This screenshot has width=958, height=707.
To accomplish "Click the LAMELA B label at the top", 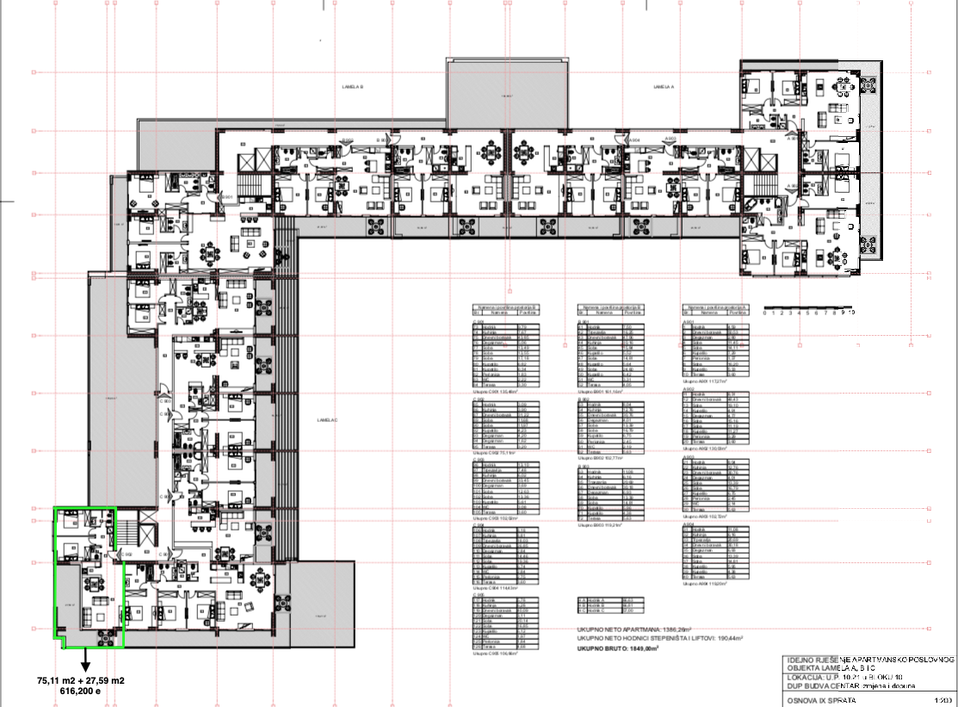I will coord(353,87).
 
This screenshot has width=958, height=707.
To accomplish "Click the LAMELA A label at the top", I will coord(662,87).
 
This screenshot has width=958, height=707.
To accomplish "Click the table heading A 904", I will coord(689,523).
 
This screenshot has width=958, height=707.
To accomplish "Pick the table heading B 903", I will coord(584,466).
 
